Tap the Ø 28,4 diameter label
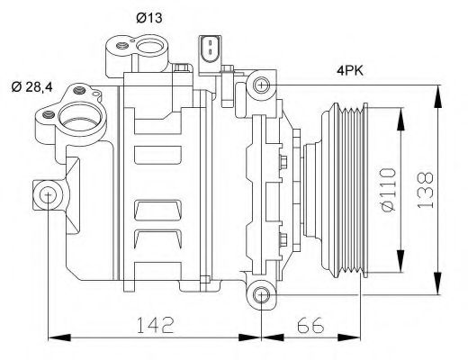[31, 85]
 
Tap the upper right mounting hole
[261, 86]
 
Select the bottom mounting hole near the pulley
[261, 294]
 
